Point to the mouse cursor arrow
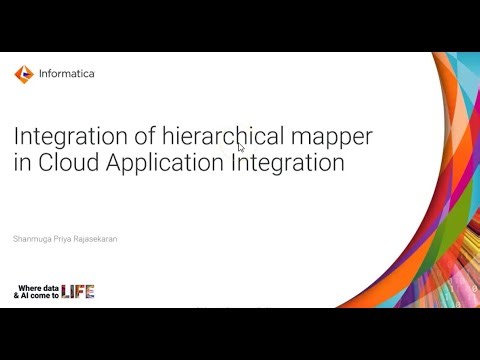(241, 147)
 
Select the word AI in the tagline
(26, 296)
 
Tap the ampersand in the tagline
(17, 296)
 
